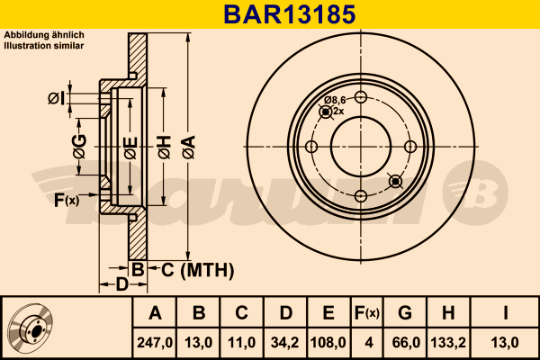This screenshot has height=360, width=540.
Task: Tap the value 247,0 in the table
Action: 155,342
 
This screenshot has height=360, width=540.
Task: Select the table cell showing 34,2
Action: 285,342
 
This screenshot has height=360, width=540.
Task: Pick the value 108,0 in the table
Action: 328,342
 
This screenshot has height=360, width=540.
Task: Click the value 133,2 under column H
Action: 448,342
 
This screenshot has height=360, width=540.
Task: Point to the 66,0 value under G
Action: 405,342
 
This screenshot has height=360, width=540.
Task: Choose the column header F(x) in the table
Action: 367,313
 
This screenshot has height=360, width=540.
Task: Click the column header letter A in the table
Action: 155,313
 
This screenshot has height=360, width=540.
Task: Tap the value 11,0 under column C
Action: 241,342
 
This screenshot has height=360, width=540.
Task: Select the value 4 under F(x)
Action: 367,342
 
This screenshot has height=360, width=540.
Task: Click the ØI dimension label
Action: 56,97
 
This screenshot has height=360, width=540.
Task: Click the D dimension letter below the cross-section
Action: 122,285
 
